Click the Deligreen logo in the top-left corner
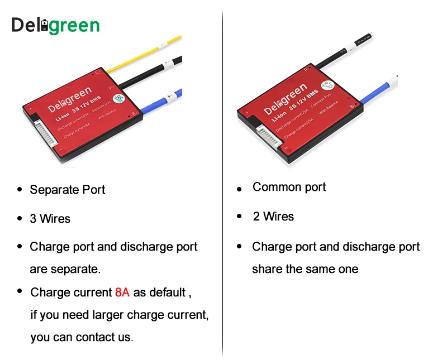coord(55,25)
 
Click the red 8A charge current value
coord(122,292)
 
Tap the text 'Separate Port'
coord(68,190)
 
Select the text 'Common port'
coord(289,187)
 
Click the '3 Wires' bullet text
coord(50,219)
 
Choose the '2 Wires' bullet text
coord(273,217)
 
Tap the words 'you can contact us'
coord(82,338)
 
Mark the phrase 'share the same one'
coord(305,270)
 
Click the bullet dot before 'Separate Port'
coord(20,190)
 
